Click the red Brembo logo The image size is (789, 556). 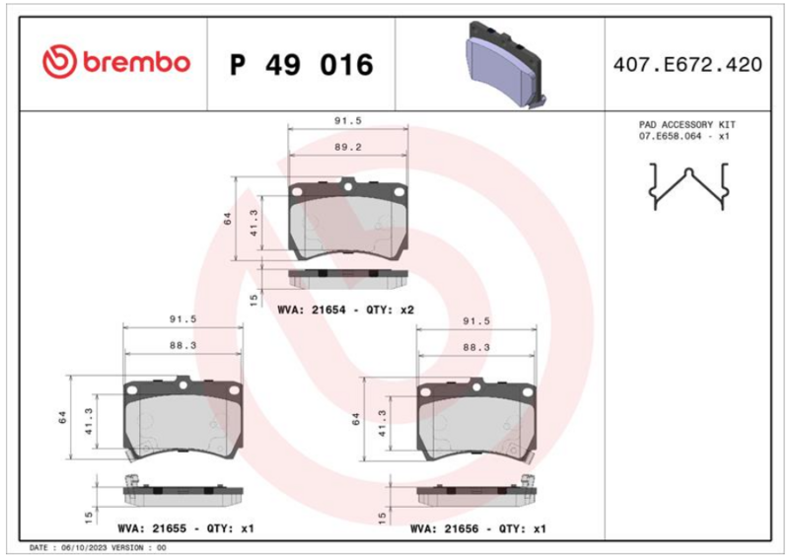(x=116, y=62)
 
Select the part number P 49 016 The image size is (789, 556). (x=302, y=65)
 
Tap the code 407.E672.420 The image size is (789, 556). (x=687, y=65)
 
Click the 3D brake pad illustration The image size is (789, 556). (x=505, y=64)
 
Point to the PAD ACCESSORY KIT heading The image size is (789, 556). (x=686, y=124)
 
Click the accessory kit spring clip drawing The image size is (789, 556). (x=688, y=185)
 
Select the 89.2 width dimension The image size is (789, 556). (x=348, y=147)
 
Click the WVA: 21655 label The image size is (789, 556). (x=152, y=528)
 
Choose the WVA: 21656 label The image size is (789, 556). (x=445, y=528)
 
